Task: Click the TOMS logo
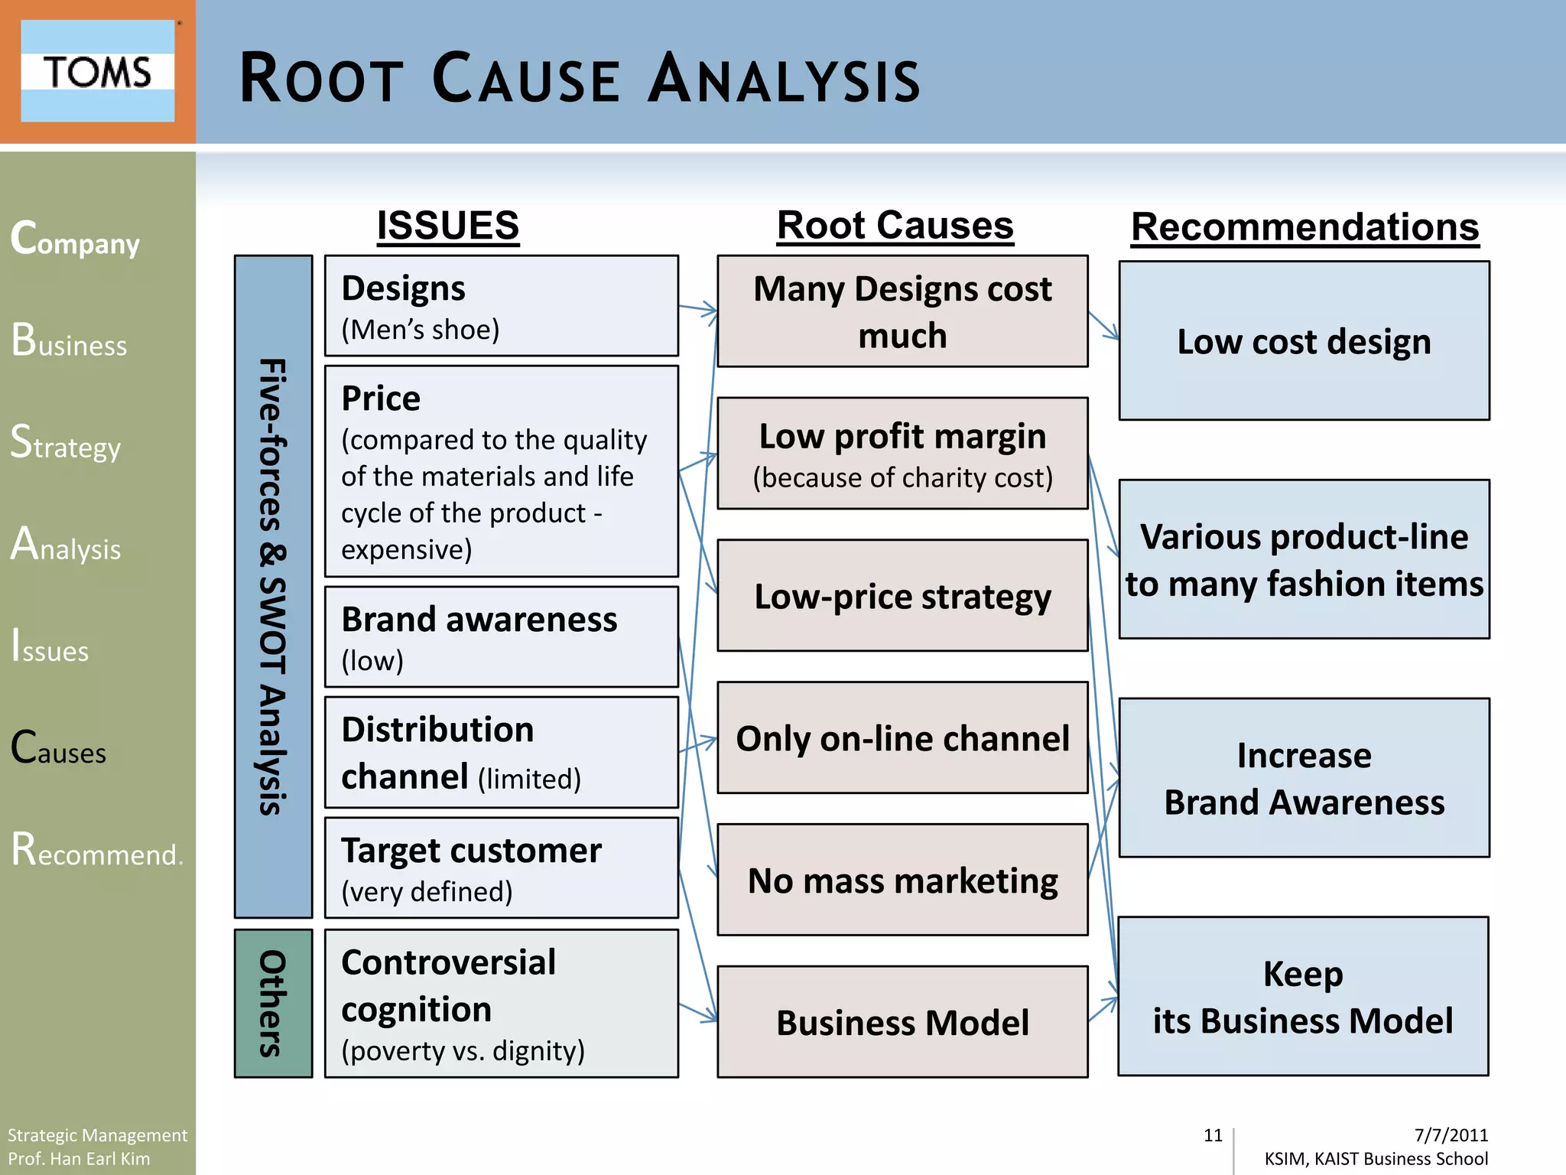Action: [x=97, y=71]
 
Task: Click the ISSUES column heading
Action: [x=448, y=226]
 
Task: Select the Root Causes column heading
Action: [x=895, y=226]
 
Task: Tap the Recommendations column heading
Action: [x=1304, y=227]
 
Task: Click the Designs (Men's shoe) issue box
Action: [x=501, y=306]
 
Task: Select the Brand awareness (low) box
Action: [x=501, y=637]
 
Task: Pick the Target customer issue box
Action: [x=501, y=868]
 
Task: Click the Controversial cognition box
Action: [x=501, y=1004]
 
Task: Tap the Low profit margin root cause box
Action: [x=902, y=453]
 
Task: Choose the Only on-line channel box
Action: [x=902, y=738]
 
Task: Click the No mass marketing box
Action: [x=902, y=880]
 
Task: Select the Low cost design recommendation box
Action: [x=1304, y=341]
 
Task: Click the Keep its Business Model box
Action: [x=1303, y=997]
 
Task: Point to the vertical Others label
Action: [x=273, y=1004]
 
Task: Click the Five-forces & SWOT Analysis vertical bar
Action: [x=273, y=586]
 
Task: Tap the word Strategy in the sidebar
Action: [x=66, y=443]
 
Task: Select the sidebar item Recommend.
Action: [x=96, y=850]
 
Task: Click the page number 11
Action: [x=1213, y=1135]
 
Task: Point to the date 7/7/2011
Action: [x=1451, y=1135]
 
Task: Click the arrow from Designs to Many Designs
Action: [x=697, y=309]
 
